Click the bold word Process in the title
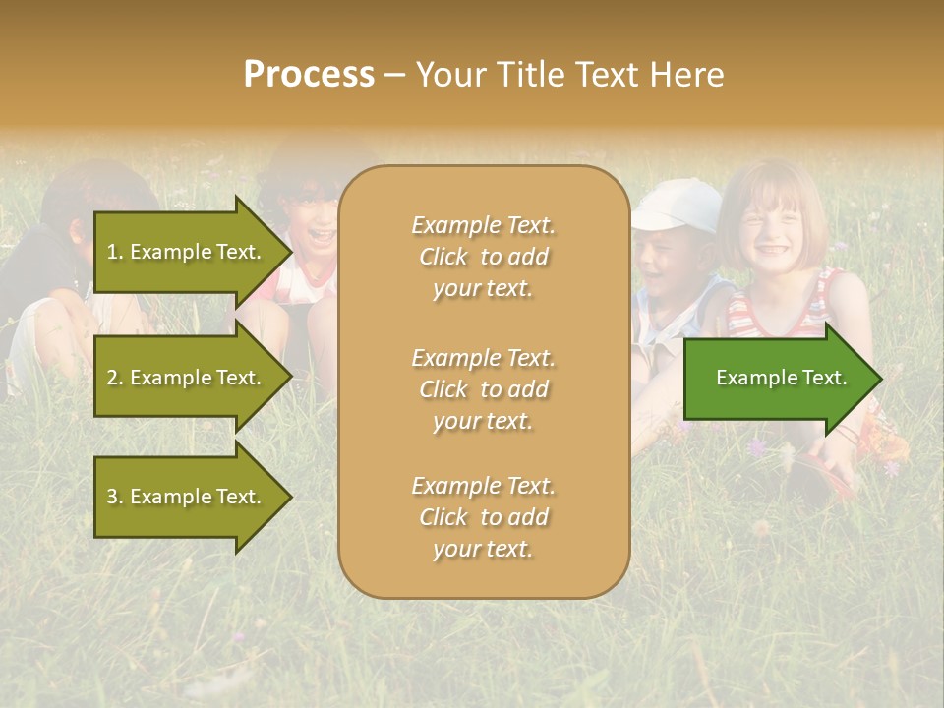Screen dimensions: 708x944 click(309, 75)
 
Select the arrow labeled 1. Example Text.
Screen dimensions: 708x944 click(187, 252)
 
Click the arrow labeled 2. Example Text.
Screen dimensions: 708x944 click(187, 378)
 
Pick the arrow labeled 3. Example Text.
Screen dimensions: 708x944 click(187, 497)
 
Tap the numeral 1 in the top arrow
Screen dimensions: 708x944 click(112, 252)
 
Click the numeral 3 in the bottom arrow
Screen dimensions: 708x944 click(112, 497)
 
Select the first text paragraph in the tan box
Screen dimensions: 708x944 click(483, 257)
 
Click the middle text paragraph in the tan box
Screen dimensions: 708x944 click(483, 389)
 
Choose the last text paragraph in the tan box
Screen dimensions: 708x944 click(483, 517)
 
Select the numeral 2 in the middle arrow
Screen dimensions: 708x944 click(112, 378)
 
